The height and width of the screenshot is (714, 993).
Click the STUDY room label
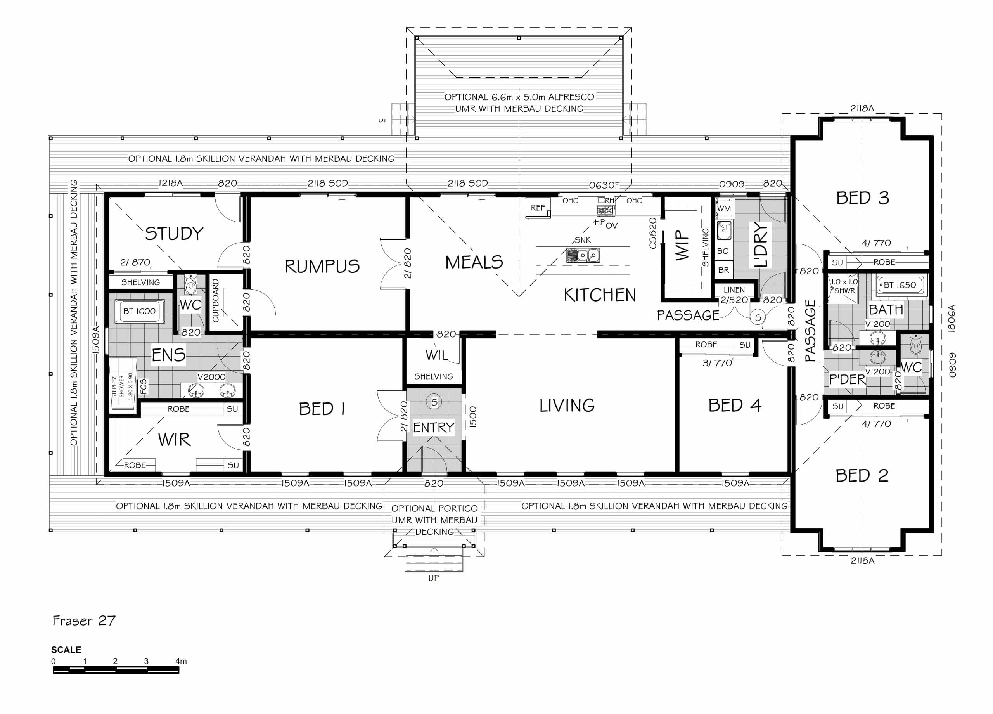174,234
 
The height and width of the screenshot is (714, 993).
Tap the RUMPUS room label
322,266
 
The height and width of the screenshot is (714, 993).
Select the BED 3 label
863,198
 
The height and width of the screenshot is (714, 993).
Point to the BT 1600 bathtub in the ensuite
140,312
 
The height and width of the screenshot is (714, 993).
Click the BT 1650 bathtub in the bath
900,285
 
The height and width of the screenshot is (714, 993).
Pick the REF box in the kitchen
538,208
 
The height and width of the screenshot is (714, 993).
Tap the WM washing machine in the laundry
724,208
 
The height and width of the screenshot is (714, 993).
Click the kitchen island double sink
583,255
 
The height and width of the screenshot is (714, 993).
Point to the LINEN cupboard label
734,290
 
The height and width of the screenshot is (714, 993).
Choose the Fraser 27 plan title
84,621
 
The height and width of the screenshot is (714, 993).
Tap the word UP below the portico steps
433,578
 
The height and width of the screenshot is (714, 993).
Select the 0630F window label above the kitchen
604,185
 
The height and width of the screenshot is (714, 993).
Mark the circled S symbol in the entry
434,402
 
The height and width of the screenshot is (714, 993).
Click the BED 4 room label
735,406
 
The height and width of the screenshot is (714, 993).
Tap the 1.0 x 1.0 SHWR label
844,286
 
